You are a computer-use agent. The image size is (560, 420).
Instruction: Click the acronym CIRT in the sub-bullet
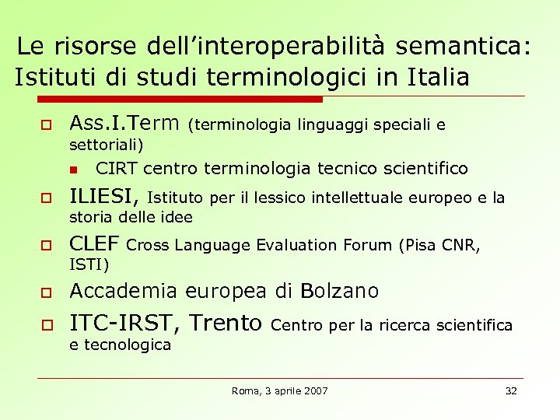pyautogui.click(x=117, y=169)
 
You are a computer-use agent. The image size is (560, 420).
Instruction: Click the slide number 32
pyautogui.click(x=511, y=390)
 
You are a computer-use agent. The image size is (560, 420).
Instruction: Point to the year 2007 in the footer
pyautogui.click(x=314, y=390)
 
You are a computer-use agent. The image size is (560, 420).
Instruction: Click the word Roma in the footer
pyautogui.click(x=245, y=390)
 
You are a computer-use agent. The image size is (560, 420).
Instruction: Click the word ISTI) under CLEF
pyautogui.click(x=89, y=264)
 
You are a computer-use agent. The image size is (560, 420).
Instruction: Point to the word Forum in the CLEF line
pyautogui.click(x=366, y=246)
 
